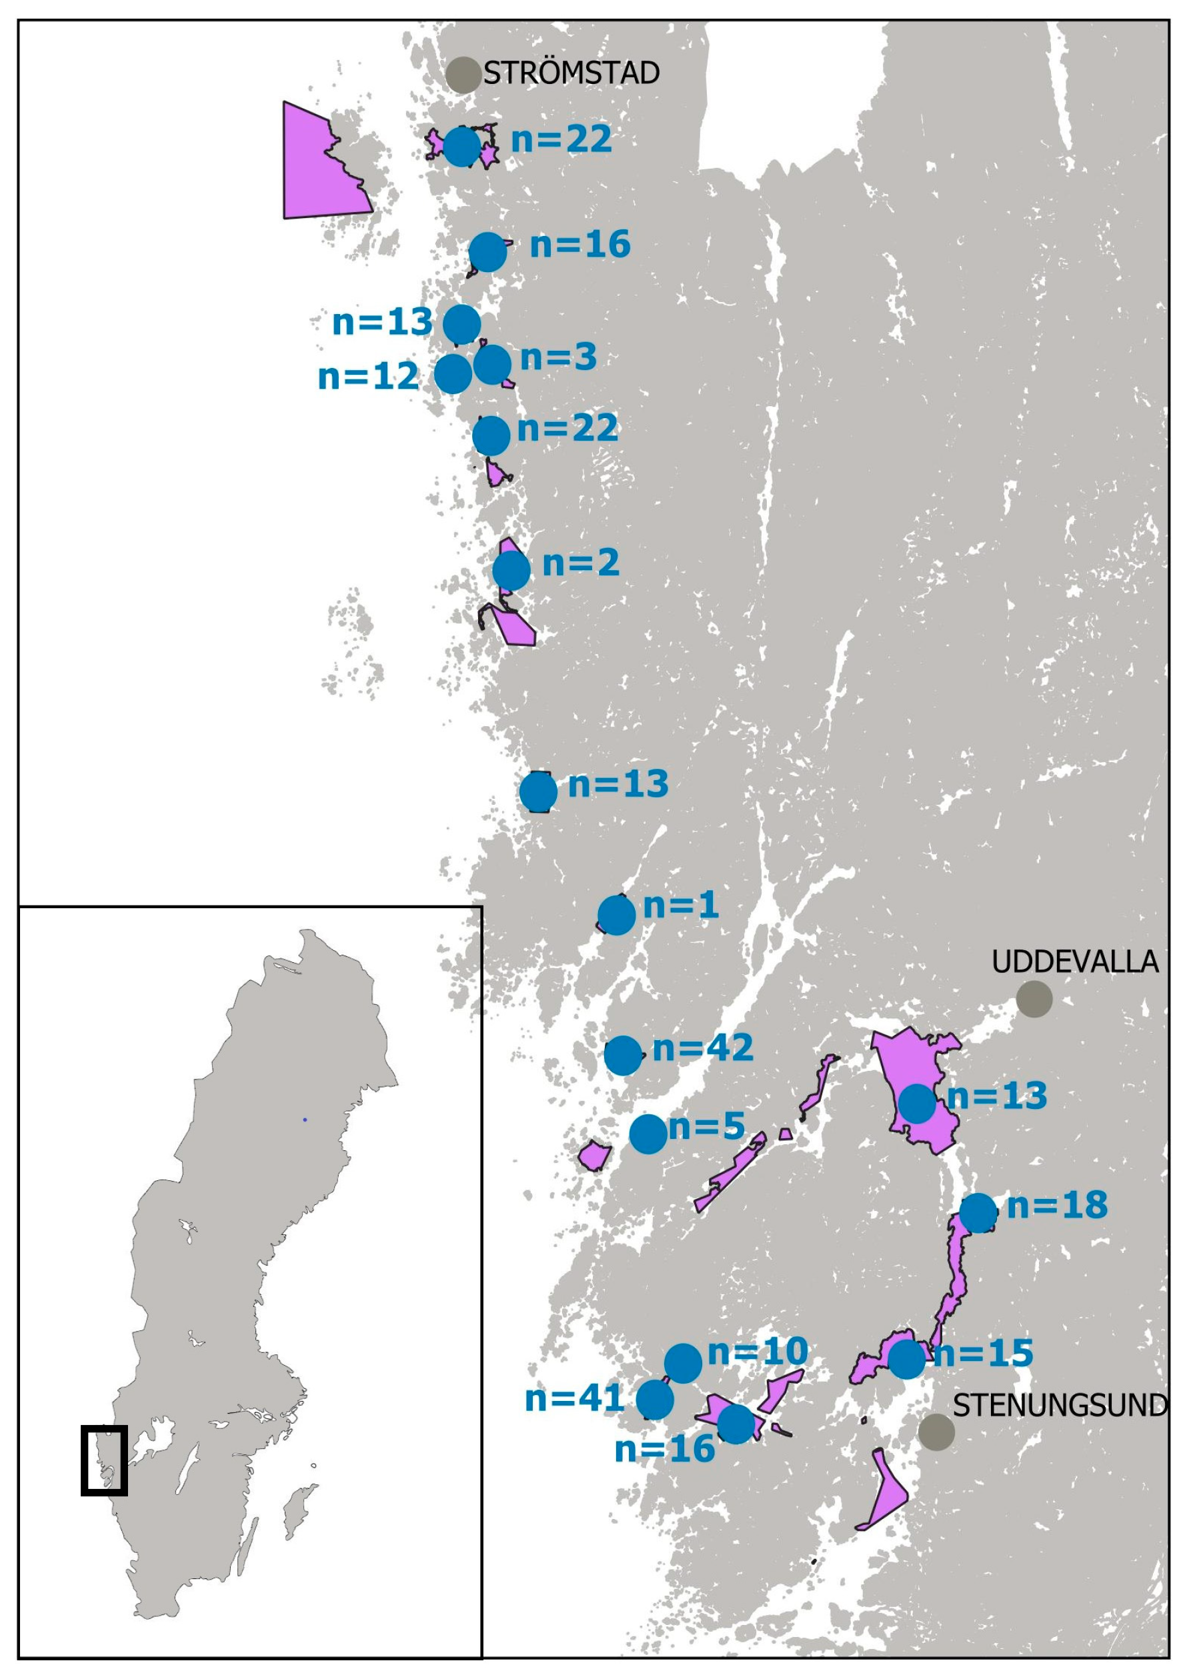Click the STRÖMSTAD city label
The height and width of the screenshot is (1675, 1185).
tap(571, 73)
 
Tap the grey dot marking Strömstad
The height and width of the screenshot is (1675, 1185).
tap(463, 75)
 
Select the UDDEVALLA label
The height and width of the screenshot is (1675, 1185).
tap(1075, 962)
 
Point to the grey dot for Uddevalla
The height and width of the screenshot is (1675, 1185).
tap(1034, 999)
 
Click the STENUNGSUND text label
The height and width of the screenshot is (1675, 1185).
tap(1060, 1405)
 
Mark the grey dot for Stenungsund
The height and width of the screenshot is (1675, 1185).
tap(936, 1432)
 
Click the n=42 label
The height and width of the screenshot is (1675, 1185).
tap(703, 1048)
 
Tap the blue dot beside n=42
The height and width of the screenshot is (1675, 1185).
tap(622, 1055)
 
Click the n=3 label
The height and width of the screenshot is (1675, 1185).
tap(558, 357)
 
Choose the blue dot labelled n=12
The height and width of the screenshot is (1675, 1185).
tap(453, 374)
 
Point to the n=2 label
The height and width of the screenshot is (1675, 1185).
tap(581, 563)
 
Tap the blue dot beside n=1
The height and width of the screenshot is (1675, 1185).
tap(617, 916)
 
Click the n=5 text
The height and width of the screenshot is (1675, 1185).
tap(706, 1126)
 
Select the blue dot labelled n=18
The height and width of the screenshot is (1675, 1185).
tap(978, 1213)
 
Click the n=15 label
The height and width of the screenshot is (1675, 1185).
tap(984, 1354)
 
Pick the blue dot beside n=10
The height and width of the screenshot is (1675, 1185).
tap(683, 1364)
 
